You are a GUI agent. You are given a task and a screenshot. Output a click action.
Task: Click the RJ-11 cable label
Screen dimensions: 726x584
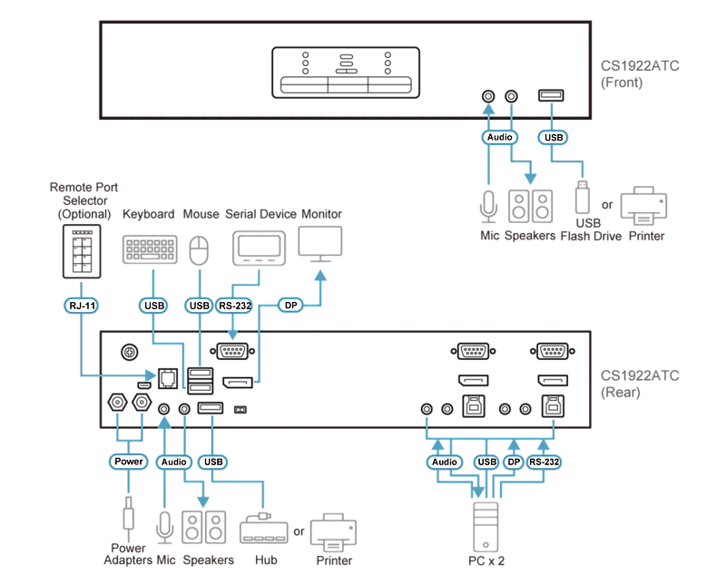[81, 306]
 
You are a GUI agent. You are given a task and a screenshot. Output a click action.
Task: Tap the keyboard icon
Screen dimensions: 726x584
[150, 249]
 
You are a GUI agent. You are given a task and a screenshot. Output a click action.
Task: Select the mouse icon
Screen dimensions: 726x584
[199, 251]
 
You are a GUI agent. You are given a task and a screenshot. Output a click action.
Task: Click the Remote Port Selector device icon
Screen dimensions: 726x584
[82, 251]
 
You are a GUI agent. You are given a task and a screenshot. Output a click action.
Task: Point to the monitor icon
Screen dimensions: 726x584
[320, 244]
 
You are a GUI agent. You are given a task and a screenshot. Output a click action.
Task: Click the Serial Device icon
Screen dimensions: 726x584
[259, 248]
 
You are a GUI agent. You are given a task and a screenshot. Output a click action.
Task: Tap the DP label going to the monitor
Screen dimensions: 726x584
[290, 306]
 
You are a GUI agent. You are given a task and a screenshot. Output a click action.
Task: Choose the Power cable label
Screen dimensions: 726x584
[128, 462]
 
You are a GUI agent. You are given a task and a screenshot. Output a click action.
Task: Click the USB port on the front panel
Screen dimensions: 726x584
[551, 96]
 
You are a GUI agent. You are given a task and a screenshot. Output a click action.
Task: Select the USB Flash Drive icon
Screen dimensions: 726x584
[582, 197]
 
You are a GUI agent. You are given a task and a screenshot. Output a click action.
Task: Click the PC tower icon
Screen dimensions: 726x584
[486, 527]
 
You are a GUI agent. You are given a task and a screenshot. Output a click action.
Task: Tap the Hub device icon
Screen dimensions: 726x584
[264, 529]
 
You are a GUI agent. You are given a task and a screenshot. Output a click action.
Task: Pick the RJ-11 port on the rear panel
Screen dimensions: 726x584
[168, 378]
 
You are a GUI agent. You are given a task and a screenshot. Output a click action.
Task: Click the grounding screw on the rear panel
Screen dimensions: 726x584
[129, 352]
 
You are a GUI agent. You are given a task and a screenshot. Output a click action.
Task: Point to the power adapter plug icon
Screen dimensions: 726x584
[128, 513]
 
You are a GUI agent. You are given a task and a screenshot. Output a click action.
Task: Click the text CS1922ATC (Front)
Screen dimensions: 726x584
[640, 74]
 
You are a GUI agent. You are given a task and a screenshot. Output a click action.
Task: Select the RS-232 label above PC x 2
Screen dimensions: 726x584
[544, 462]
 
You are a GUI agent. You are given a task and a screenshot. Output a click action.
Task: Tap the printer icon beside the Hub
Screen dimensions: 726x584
[334, 532]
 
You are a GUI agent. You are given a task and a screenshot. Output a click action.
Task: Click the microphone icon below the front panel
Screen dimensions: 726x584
[488, 207]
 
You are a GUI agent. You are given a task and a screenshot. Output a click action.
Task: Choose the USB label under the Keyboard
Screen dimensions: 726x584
[153, 306]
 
